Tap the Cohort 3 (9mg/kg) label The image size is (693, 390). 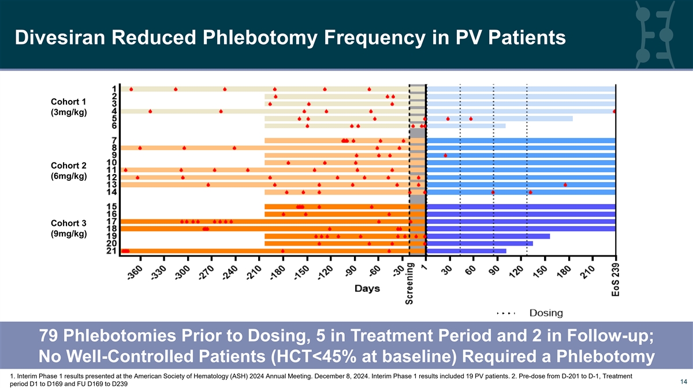tap(69, 228)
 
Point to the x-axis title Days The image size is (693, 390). tap(367, 288)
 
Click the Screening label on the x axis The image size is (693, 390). tap(410, 283)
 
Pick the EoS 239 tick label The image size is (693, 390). tap(616, 278)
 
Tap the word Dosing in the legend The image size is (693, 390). tap(546, 313)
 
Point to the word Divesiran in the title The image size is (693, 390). tap(63, 38)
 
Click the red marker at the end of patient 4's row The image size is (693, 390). tap(615, 111)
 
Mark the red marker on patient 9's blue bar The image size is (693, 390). tap(445, 155)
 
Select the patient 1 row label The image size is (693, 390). tap(115, 89)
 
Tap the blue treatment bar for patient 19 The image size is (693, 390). tap(488, 236)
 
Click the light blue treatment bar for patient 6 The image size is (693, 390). tap(465, 125)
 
